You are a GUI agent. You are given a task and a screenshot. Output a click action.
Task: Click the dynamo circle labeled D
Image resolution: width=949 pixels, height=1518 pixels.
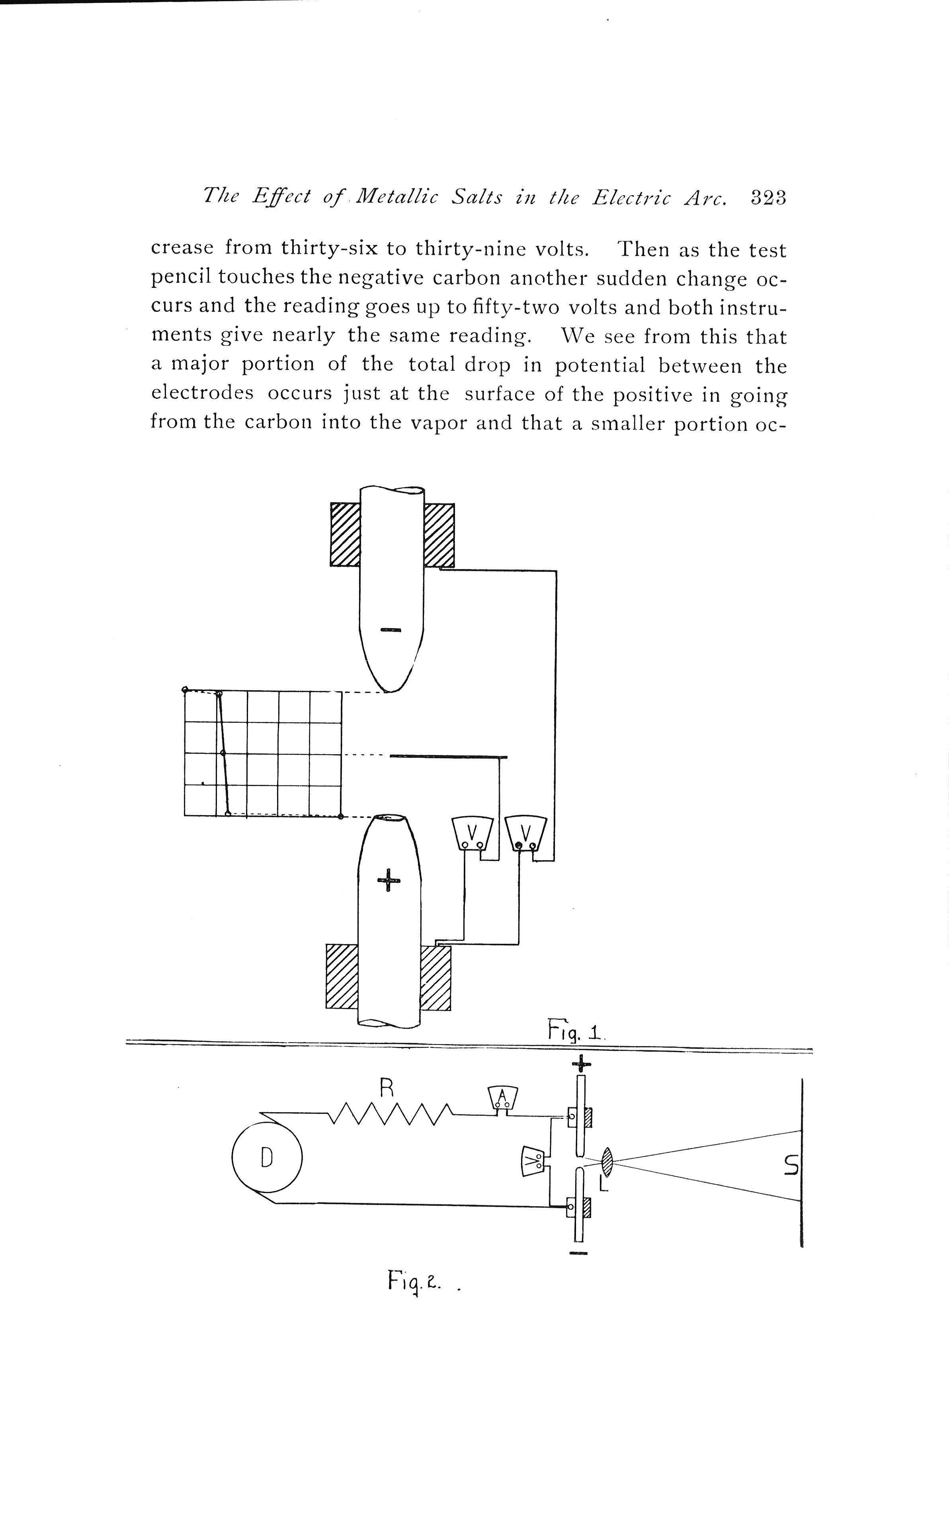[x=267, y=1157]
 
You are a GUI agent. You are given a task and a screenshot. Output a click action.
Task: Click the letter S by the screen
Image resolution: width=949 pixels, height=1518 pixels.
[x=791, y=1166]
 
